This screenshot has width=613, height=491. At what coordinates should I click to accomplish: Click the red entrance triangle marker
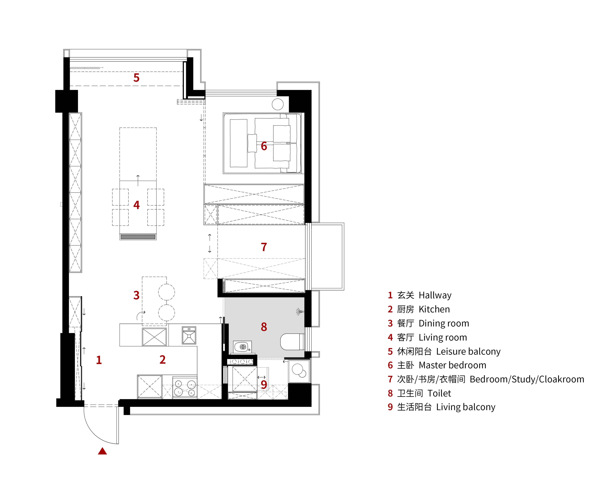[102, 451]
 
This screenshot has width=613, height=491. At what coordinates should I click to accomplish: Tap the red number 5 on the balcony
[136, 78]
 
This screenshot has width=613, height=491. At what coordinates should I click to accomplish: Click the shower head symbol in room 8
[300, 312]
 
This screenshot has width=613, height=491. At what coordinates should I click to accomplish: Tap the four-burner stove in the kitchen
[185, 387]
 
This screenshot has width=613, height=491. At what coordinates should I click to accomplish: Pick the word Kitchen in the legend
[434, 309]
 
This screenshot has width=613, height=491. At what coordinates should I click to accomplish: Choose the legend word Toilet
[439, 393]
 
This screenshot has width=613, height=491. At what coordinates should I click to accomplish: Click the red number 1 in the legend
[390, 295]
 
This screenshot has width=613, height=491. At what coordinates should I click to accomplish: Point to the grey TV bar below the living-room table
[138, 237]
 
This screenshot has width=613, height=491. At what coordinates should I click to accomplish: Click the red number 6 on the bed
[264, 146]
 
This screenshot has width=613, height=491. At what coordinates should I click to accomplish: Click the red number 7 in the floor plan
[264, 247]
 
